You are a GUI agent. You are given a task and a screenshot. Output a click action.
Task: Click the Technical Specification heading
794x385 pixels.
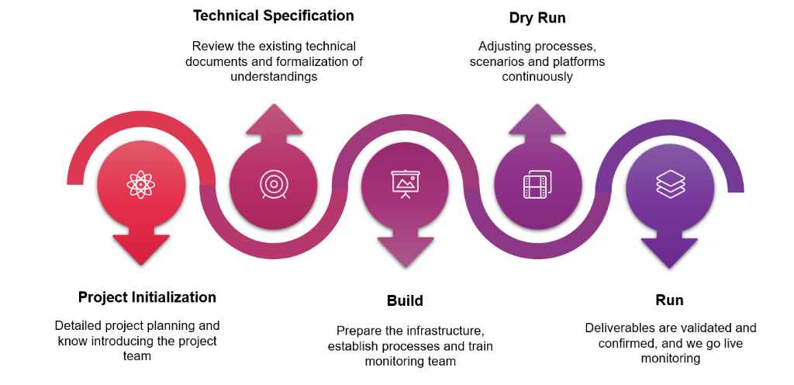click(x=274, y=16)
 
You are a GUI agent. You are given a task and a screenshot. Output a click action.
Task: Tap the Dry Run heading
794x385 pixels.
click(x=537, y=18)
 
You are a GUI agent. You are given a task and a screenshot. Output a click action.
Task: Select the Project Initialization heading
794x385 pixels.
click(x=147, y=297)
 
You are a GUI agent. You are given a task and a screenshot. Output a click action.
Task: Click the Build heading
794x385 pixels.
click(x=405, y=300)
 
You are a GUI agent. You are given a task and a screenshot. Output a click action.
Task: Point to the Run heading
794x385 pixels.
click(x=669, y=300)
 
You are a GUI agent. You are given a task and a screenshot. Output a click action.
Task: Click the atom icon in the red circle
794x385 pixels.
click(x=141, y=184)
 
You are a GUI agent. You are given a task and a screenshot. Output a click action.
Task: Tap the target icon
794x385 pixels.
click(x=274, y=184)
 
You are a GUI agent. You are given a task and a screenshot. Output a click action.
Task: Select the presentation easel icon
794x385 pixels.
click(x=406, y=184)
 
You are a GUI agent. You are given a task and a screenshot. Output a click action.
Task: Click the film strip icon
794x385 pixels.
click(x=538, y=185)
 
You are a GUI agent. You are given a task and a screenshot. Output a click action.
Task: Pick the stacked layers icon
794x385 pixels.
click(x=671, y=183)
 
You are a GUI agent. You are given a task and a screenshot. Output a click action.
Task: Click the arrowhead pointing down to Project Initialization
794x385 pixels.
click(x=141, y=249)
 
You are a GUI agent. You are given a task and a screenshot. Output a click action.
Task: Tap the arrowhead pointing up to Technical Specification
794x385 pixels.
click(x=274, y=120)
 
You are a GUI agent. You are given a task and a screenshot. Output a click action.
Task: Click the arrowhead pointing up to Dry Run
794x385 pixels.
click(x=537, y=120)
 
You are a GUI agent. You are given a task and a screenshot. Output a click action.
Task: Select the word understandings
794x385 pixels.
click(x=274, y=77)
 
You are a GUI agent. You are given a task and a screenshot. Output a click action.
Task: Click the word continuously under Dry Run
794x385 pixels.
click(x=538, y=77)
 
